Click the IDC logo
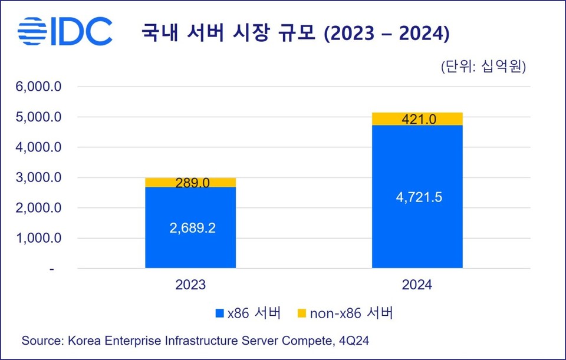coord(65,31)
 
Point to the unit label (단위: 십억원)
coord(483,66)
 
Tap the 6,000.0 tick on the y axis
coord(39,87)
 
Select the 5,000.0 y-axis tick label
coord(39,117)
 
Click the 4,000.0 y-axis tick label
coord(39,147)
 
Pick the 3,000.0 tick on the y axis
coord(39,177)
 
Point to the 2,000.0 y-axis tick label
coord(39,208)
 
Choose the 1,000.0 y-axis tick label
coord(39,239)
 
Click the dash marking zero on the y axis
coord(52,269)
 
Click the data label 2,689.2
coord(190,227)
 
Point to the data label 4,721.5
coord(417,197)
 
